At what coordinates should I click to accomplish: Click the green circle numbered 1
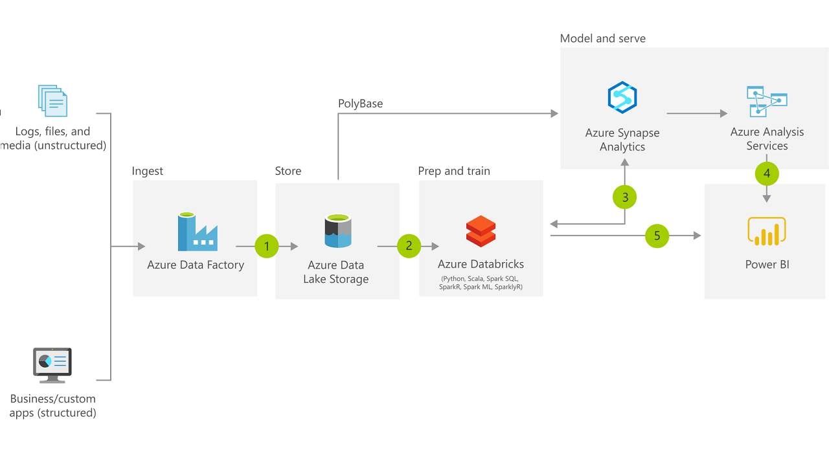pyautogui.click(x=266, y=246)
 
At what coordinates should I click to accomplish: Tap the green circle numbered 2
pyautogui.click(x=409, y=246)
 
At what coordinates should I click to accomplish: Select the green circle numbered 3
pyautogui.click(x=625, y=197)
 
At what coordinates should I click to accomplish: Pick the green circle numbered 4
pyautogui.click(x=767, y=173)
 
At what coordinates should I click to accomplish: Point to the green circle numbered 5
pyautogui.click(x=657, y=236)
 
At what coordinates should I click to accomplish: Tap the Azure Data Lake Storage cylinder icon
pyautogui.click(x=337, y=232)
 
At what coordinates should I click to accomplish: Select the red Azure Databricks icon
pyautogui.click(x=481, y=231)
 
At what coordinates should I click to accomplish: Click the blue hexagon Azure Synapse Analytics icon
pyautogui.click(x=622, y=98)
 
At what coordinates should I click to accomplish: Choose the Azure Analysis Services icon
pyautogui.click(x=767, y=101)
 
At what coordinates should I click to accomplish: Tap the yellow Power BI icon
pyautogui.click(x=766, y=232)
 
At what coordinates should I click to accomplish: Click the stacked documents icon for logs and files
pyautogui.click(x=52, y=100)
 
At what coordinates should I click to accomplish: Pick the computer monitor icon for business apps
pyautogui.click(x=52, y=365)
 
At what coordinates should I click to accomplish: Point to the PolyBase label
pyautogui.click(x=360, y=104)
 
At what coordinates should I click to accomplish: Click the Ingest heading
pyautogui.click(x=148, y=171)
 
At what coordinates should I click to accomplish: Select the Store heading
pyautogui.click(x=288, y=171)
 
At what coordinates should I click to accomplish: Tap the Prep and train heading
pyautogui.click(x=454, y=171)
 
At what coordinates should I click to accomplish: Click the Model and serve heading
pyautogui.click(x=603, y=38)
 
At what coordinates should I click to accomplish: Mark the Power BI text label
pyautogui.click(x=767, y=264)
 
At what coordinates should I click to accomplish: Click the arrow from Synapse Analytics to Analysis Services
pyautogui.click(x=697, y=114)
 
